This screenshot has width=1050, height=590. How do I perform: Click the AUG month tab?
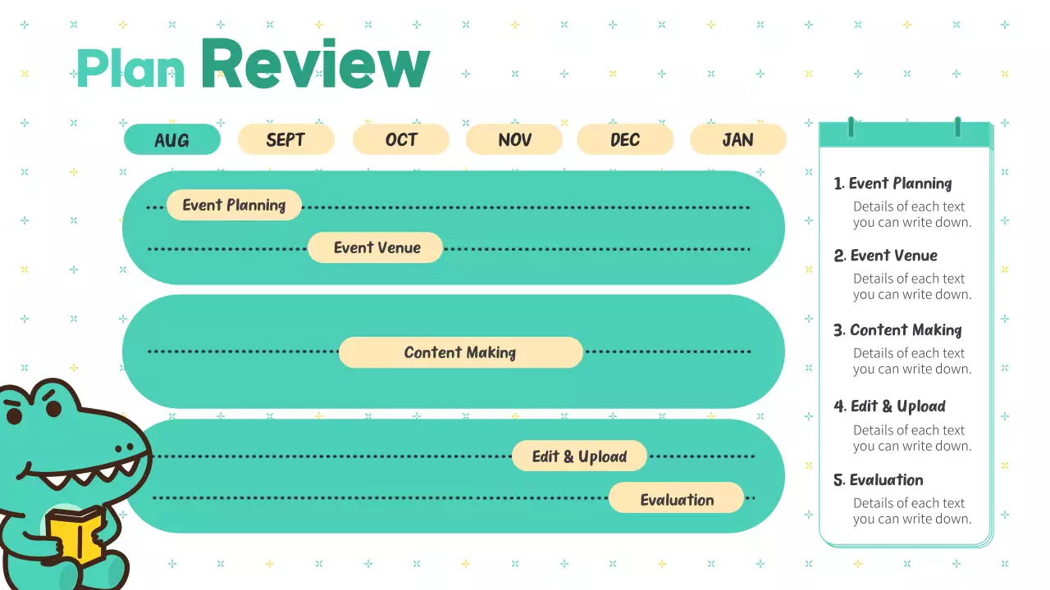172,139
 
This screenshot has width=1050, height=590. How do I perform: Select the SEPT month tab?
285,139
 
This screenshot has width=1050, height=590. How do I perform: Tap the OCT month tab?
401,139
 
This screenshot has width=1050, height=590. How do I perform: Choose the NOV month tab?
514,139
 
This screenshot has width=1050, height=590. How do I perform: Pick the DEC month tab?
625,139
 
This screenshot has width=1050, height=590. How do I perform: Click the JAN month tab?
737,139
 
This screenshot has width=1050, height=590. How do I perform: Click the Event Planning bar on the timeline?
234,205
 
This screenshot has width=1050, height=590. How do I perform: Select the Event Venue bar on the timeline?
376,247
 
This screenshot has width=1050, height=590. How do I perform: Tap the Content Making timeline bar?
460,352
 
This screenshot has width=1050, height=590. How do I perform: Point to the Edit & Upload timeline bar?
579,456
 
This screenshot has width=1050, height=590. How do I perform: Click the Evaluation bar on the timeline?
677,499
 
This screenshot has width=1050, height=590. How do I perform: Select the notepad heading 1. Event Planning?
892,184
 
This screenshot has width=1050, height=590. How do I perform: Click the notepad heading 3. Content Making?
897,330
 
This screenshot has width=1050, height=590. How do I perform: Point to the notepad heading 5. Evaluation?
878,480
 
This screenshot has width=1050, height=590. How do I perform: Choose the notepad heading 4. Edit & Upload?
889,406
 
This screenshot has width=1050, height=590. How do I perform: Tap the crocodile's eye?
14,415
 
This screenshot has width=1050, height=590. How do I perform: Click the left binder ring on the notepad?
851,128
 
